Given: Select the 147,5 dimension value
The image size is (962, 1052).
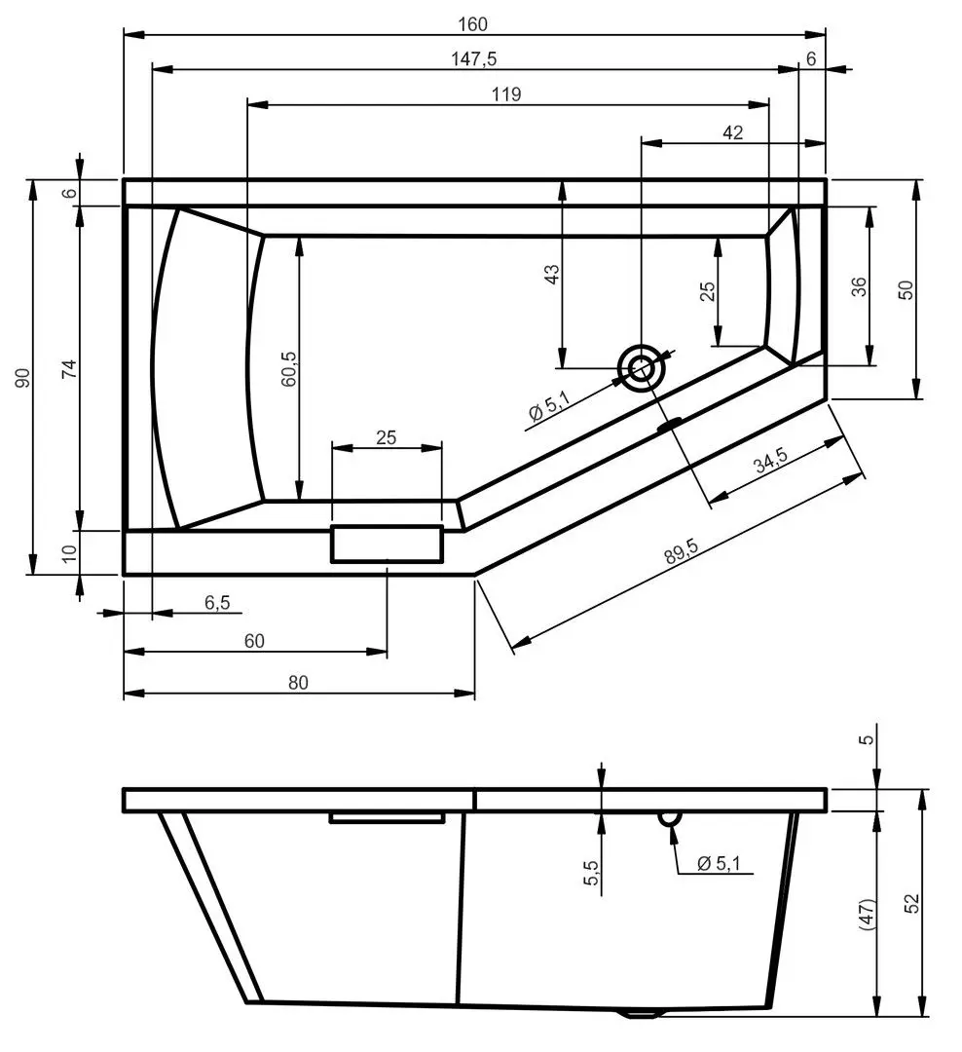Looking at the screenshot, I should tap(475, 58).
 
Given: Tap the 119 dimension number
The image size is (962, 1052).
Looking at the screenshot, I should tap(507, 94).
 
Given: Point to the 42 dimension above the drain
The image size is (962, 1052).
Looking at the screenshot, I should tap(733, 132).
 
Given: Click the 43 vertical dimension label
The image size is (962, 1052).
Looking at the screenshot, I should tap(551, 275).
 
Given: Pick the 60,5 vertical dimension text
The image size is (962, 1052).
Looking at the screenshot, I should tap(288, 369).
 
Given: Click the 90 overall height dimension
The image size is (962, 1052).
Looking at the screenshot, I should tap(22, 377).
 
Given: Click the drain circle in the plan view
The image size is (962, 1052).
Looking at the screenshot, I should tap(642, 369).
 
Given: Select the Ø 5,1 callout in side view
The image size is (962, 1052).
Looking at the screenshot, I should tap(719, 863).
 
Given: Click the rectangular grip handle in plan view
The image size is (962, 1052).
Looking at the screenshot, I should tap(387, 544).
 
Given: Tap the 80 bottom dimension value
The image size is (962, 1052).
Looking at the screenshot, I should tap(298, 683).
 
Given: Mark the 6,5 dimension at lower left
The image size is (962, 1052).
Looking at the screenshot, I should tap(216, 603).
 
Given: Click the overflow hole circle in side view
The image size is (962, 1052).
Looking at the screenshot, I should tap(668, 818).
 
